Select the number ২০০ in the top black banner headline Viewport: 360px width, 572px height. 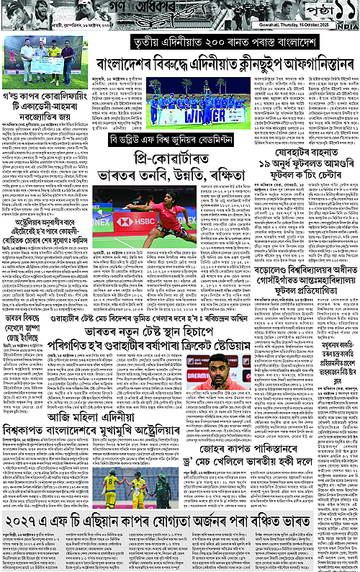[207, 43]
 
